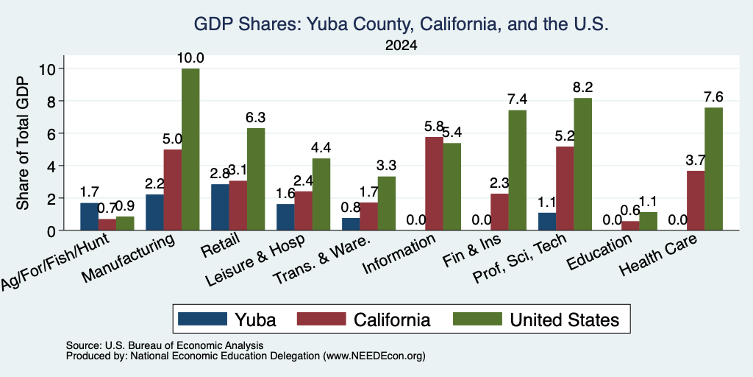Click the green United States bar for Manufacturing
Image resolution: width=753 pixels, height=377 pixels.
point(190,149)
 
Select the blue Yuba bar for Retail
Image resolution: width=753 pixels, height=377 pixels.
point(220,207)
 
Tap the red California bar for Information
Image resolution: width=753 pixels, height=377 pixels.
point(434,183)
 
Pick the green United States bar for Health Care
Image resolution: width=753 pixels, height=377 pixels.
point(713,169)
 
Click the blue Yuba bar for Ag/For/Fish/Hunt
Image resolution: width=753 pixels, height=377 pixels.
point(89,216)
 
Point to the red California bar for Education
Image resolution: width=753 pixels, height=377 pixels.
point(630,225)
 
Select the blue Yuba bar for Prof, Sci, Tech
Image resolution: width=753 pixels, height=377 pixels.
point(547,221)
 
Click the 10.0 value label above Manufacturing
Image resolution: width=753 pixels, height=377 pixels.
point(190,58)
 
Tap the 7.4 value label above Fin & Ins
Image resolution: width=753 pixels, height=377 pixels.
point(518,100)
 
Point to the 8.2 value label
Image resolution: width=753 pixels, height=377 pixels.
point(583,87)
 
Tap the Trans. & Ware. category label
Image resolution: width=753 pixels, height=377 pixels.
point(322,259)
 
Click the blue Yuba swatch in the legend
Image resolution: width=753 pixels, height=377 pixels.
point(203,319)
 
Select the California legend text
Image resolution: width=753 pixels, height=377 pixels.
point(392,320)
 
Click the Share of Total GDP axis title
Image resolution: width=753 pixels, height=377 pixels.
point(23,143)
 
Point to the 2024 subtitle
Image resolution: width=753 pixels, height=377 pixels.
point(401,46)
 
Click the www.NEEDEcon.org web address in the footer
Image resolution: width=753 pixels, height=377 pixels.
point(374,356)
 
